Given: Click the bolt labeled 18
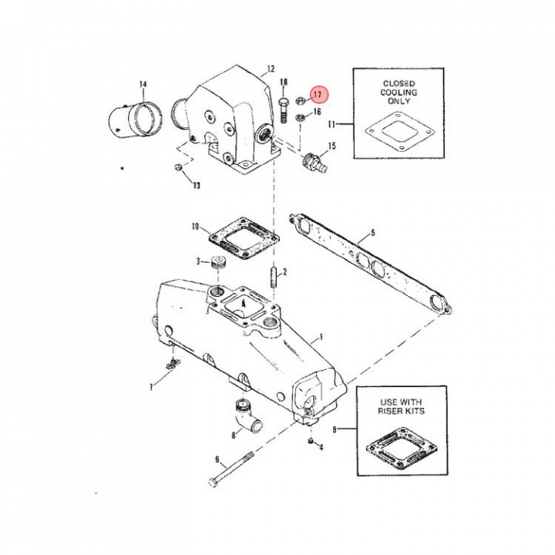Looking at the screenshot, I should point(284,109).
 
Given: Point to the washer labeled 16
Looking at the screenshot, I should point(301,119).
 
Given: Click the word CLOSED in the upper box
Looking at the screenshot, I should point(399,83).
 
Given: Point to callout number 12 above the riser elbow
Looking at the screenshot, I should point(270,69).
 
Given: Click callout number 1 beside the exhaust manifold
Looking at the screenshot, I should point(321,338).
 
